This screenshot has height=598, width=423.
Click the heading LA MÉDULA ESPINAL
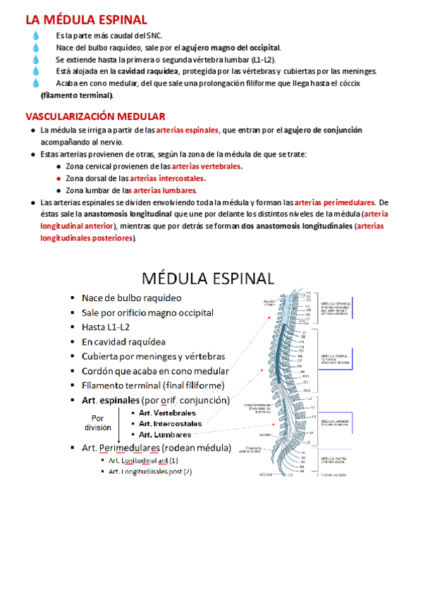pos(87,20)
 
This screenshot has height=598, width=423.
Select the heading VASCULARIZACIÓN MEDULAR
pos(95,116)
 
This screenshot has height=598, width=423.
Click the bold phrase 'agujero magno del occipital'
pos(230,48)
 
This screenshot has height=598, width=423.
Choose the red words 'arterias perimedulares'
pos(334,202)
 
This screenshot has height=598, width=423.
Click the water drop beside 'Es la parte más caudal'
pos(36,35)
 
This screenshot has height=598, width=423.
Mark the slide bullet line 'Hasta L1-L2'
pos(106,327)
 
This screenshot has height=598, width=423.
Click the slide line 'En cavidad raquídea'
pos(124,341)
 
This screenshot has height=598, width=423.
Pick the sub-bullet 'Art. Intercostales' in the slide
pos(170,424)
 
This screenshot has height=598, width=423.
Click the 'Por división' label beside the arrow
pos(97,422)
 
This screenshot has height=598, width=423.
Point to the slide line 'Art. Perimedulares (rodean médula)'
pos(157,448)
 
